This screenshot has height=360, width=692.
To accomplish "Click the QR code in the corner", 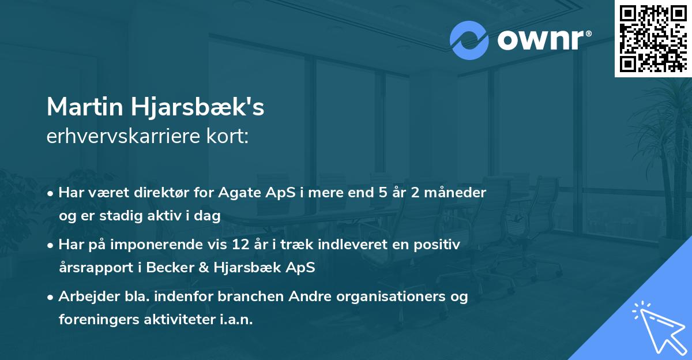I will coord(653,38).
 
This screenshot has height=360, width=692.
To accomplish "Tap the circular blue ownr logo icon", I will coord(469,40).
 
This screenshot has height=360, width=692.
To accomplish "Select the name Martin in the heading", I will coord(78,107).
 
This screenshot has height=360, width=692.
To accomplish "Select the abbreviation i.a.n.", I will coord(237,320).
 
